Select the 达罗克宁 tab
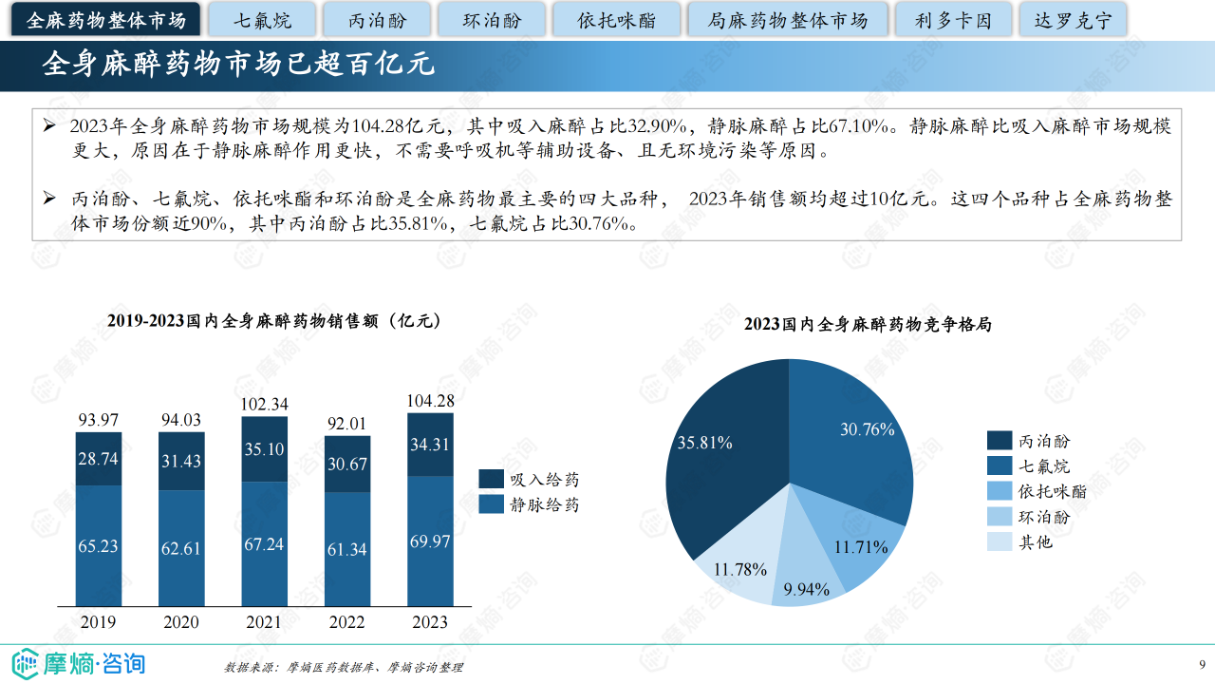point(1073,20)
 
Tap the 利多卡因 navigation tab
point(953,20)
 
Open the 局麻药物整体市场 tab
point(788,20)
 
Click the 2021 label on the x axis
point(264,622)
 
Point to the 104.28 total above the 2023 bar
point(430,401)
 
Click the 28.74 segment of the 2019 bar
point(99,459)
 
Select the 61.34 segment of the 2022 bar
point(346,549)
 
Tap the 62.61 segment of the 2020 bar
point(181,548)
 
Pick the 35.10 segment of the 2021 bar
point(264,449)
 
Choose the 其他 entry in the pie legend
point(1035,542)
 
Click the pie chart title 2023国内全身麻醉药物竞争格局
point(868,325)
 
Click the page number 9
point(1202,663)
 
